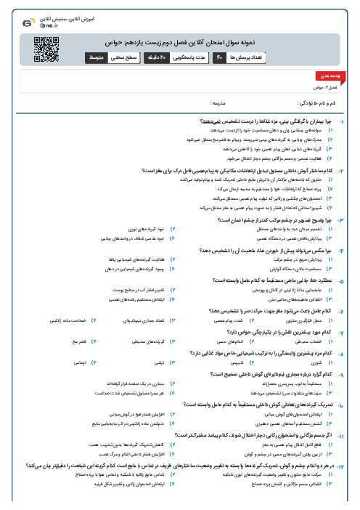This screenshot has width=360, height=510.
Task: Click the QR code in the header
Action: pyautogui.click(x=46, y=47)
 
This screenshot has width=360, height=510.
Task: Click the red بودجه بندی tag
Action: pyautogui.click(x=326, y=76)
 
